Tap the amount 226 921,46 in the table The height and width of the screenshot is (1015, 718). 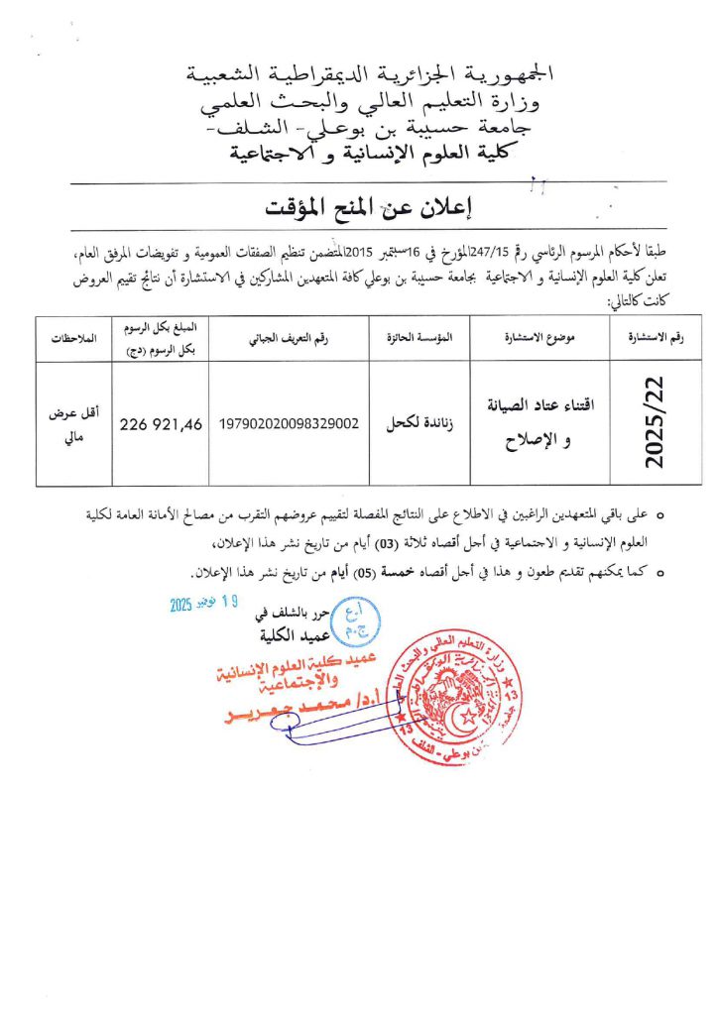[161, 424]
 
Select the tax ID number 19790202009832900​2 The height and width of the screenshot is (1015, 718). [288, 424]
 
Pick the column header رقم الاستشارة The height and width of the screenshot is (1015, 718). [659, 338]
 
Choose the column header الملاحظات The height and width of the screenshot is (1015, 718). [75, 338]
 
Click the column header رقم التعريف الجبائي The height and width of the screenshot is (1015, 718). [288, 338]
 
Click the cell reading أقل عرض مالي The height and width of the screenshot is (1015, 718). [75, 424]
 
